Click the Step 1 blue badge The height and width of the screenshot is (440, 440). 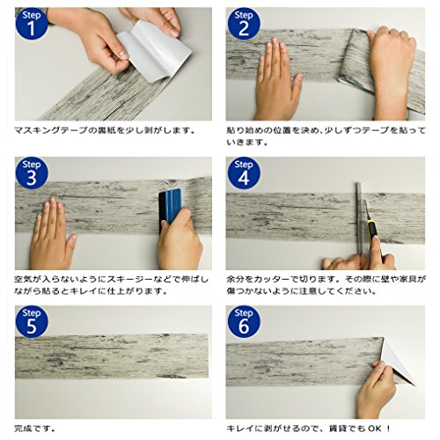click(x=32, y=24)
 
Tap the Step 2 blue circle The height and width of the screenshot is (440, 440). click(x=244, y=24)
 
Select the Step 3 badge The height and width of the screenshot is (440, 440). click(x=32, y=173)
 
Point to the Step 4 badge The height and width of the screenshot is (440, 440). click(x=244, y=173)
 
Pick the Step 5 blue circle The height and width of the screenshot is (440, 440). click(x=32, y=322)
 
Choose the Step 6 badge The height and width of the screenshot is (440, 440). click(x=244, y=322)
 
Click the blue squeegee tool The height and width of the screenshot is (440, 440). click(x=170, y=209)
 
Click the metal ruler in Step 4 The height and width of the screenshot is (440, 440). click(x=359, y=220)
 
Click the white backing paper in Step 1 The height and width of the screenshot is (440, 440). click(x=154, y=50)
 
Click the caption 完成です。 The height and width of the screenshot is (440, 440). click(x=35, y=429)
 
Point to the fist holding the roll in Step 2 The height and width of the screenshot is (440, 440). click(x=392, y=70)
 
